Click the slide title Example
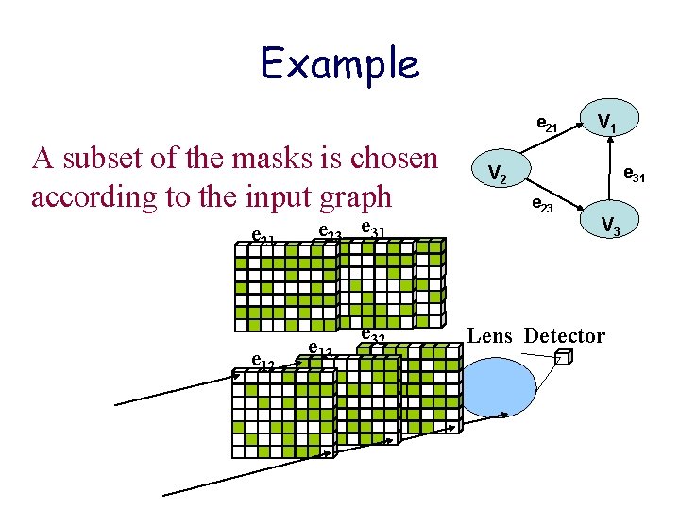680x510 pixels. pos(340,63)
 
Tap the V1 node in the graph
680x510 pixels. pos(609,121)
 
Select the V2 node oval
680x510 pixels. pos(498,172)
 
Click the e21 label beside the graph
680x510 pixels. pos(547,123)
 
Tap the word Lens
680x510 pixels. pos(491,335)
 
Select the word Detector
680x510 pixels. pos(564,335)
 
